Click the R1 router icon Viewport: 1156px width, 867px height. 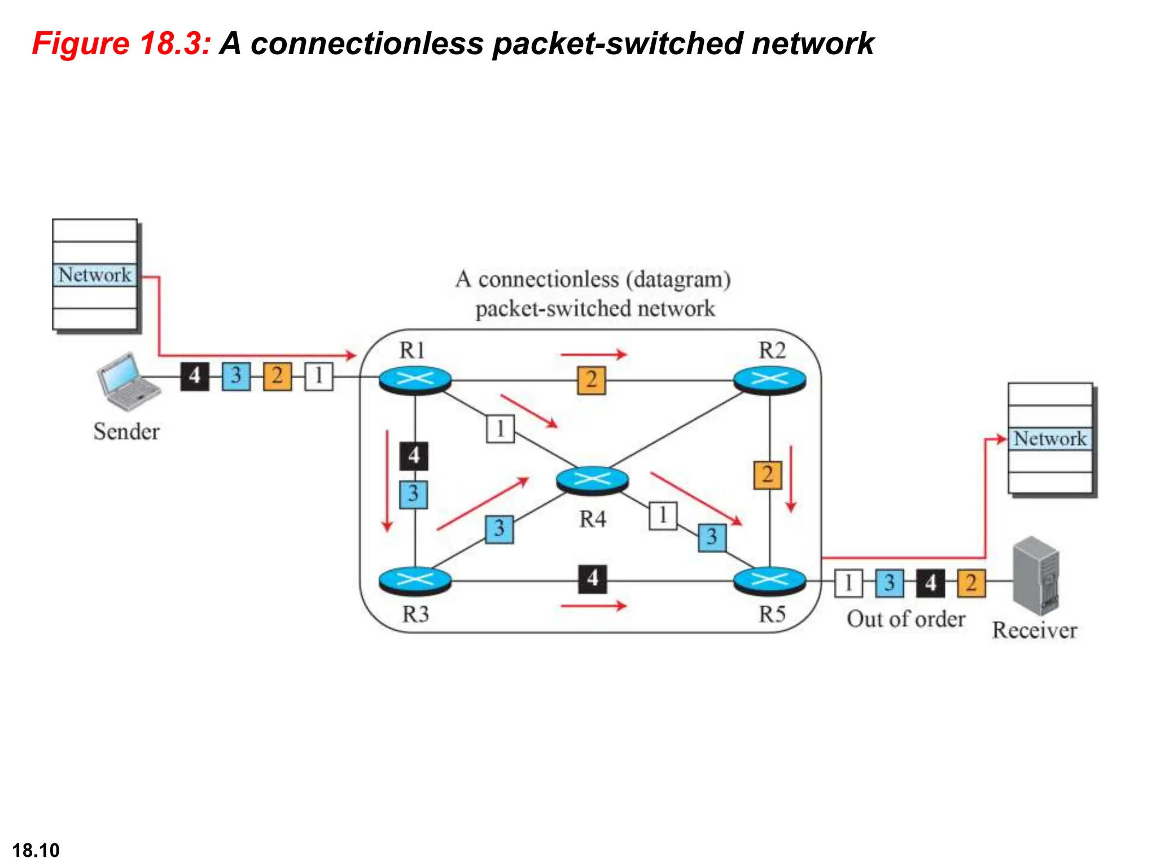pyautogui.click(x=415, y=380)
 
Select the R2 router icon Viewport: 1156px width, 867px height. pyautogui.click(x=769, y=380)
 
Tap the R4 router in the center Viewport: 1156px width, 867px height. pyautogui.click(x=592, y=481)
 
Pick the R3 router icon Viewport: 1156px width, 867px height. pyautogui.click(x=415, y=581)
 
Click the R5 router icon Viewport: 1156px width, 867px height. pyautogui.click(x=769, y=581)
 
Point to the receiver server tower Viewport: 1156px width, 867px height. pyautogui.click(x=1036, y=575)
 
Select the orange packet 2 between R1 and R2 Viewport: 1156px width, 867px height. pyautogui.click(x=591, y=380)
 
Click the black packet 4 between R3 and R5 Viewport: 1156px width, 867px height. pyautogui.click(x=592, y=579)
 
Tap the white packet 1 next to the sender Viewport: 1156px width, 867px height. pyautogui.click(x=319, y=376)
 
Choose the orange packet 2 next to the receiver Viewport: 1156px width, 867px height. pyautogui.click(x=971, y=583)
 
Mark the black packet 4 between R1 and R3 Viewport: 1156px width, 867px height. pyautogui.click(x=414, y=456)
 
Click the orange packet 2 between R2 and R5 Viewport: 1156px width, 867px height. pyautogui.click(x=768, y=475)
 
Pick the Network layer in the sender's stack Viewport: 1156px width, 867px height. pyautogui.click(x=95, y=275)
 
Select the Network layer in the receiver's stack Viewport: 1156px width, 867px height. pyautogui.click(x=1050, y=439)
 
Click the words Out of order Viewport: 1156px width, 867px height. pyautogui.click(x=906, y=619)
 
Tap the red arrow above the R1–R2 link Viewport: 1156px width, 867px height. pyautogui.click(x=594, y=354)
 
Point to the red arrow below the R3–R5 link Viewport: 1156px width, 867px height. pyautogui.click(x=594, y=606)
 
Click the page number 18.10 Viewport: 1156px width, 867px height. pyautogui.click(x=36, y=850)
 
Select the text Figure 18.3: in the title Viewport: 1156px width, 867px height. pyautogui.click(x=121, y=43)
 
